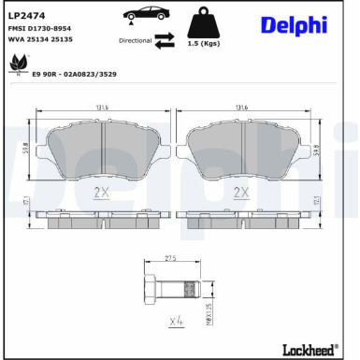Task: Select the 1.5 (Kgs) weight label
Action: (x=203, y=45)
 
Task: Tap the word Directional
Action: (x=135, y=41)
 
